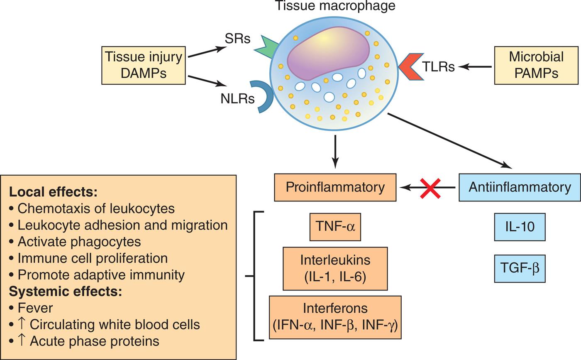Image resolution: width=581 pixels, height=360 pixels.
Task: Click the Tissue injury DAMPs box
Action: point(143,65)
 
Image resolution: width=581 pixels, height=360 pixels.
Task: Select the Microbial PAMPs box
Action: point(536,65)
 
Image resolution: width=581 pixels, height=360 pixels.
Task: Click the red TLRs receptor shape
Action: point(408,66)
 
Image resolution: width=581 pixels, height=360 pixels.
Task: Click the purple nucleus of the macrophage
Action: point(328,53)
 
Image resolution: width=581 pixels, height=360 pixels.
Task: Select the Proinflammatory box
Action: point(335,187)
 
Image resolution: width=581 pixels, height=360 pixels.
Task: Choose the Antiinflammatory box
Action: point(519,187)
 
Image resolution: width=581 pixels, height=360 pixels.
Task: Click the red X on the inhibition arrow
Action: point(430,188)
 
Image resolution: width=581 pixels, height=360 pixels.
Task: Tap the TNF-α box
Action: point(335,227)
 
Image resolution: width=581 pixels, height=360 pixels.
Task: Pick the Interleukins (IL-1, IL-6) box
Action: point(335,269)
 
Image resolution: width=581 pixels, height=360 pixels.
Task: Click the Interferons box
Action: point(335,317)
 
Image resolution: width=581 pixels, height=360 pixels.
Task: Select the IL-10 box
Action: point(520,227)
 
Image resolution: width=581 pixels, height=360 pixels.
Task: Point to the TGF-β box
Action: point(520,269)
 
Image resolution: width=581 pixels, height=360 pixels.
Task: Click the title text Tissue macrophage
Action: point(335,6)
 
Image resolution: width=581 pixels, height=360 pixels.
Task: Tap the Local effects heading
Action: point(53,192)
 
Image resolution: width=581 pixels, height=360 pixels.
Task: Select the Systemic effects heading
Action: point(65,291)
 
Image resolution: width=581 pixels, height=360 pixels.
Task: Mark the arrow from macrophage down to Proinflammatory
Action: point(335,152)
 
